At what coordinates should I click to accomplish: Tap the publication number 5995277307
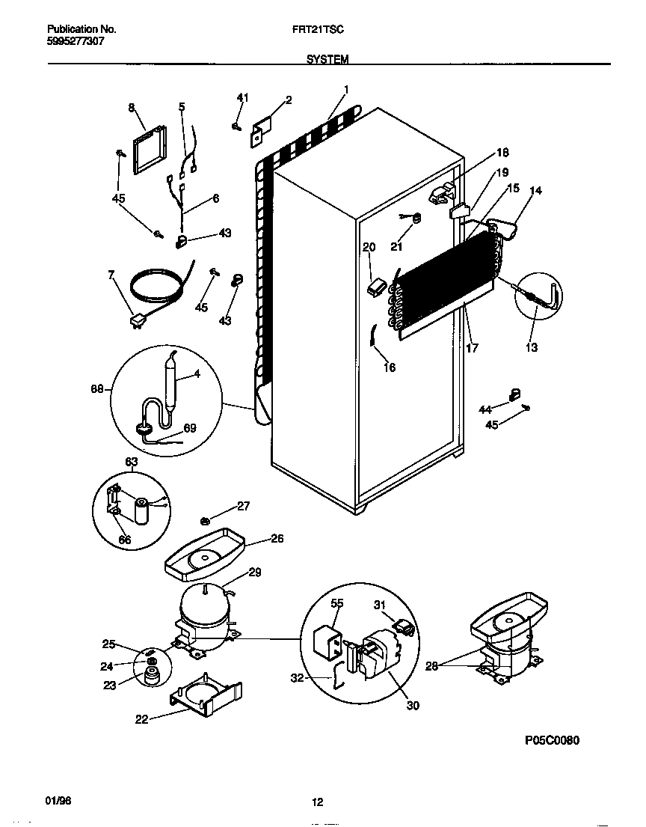(76, 42)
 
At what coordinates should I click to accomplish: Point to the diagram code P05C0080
(552, 740)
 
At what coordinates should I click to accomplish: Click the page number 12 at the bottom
(317, 802)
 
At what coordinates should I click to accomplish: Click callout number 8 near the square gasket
(132, 108)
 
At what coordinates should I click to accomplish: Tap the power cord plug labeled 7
(137, 322)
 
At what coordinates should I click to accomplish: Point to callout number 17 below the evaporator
(472, 348)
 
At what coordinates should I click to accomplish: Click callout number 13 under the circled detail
(532, 347)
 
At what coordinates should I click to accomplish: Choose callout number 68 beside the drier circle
(96, 388)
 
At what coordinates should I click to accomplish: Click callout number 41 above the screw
(242, 98)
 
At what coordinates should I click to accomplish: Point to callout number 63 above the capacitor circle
(131, 463)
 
